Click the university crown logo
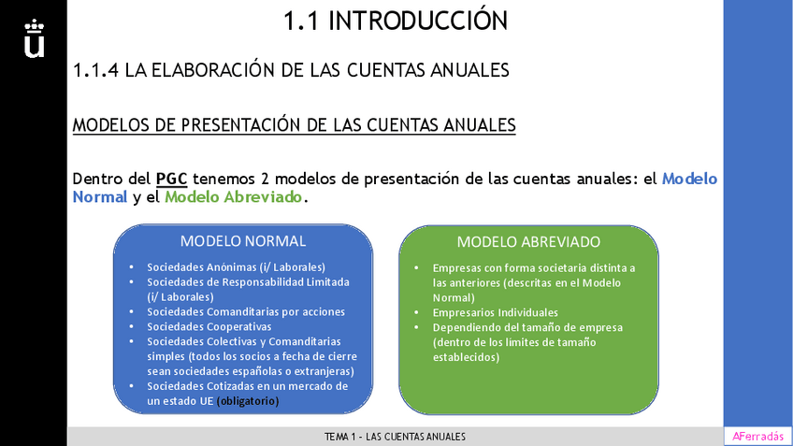34,37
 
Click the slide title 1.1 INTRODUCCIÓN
396,21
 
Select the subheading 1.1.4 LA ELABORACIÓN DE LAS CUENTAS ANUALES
291,70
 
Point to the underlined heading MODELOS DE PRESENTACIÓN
294,125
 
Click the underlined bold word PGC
171,179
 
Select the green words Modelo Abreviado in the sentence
234,197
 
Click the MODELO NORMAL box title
243,241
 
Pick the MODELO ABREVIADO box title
528,241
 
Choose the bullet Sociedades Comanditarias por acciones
246,311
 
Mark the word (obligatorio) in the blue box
248,401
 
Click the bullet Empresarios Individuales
496,312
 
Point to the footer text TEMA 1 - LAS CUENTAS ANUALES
395,437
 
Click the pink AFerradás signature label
757,437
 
